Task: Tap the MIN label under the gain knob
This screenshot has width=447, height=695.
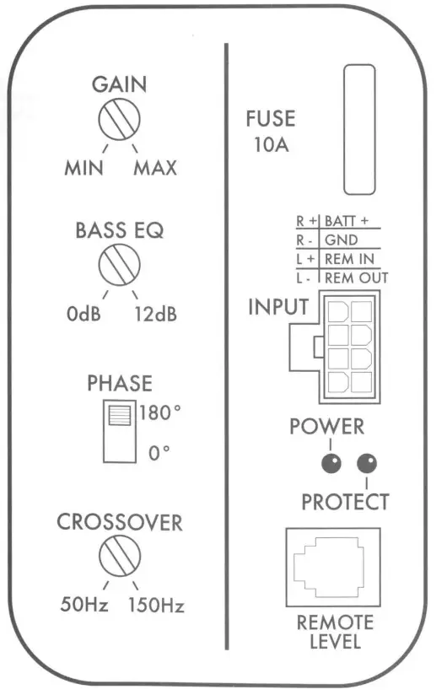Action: pyautogui.click(x=83, y=168)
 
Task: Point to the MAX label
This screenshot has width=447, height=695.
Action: pyautogui.click(x=154, y=168)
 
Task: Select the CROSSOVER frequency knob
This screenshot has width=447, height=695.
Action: pyautogui.click(x=119, y=558)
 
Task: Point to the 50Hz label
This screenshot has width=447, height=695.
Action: pyautogui.click(x=83, y=605)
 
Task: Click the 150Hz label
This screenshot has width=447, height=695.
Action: pyautogui.click(x=156, y=605)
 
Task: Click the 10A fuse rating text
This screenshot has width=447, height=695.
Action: pyautogui.click(x=271, y=144)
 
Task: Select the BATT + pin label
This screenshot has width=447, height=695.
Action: pyautogui.click(x=353, y=222)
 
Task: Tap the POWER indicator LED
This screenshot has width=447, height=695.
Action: pyautogui.click(x=330, y=463)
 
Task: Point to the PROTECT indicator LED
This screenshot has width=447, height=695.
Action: pyautogui.click(x=367, y=463)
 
